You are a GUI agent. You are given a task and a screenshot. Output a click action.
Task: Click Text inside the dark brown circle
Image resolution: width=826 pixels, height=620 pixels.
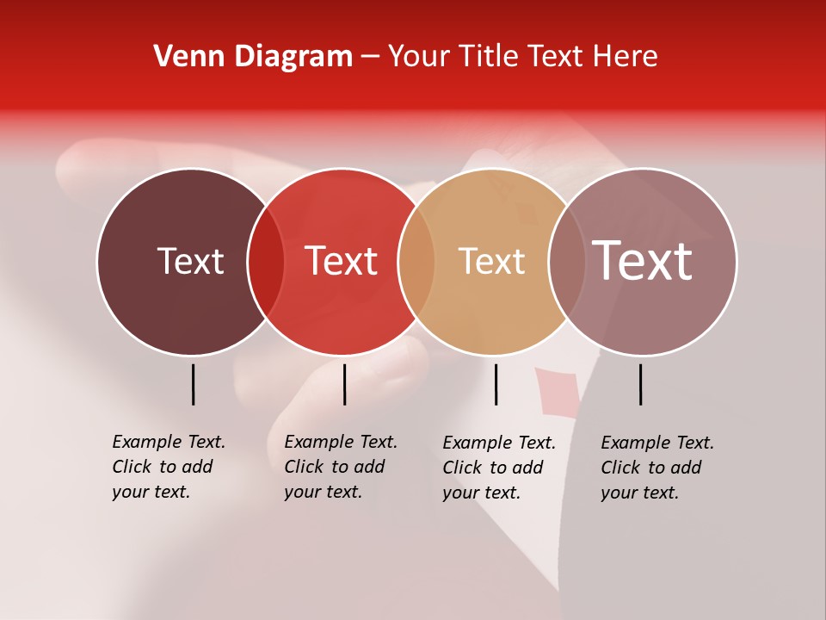[x=190, y=261]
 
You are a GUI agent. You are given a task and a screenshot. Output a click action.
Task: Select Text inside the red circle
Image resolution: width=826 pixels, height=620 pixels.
[x=341, y=261]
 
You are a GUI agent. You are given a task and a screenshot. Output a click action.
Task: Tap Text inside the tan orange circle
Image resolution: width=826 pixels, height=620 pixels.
[x=491, y=261]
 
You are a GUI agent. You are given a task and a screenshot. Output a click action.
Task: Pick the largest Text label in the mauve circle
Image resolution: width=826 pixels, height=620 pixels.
[x=643, y=261]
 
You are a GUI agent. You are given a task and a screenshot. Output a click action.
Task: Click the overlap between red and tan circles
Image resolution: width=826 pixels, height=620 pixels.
[x=416, y=262]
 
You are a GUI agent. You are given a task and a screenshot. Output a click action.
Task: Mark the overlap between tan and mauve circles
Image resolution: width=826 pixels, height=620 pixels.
[x=566, y=262]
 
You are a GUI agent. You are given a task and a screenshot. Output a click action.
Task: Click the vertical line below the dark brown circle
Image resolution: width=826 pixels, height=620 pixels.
[x=194, y=384]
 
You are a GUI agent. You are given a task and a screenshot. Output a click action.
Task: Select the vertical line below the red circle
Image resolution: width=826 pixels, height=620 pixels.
[x=344, y=384]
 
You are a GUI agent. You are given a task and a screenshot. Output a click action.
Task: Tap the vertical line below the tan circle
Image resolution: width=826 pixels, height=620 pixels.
[x=496, y=384]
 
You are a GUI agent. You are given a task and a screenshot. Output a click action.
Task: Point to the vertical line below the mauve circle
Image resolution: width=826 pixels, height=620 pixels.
[x=641, y=384]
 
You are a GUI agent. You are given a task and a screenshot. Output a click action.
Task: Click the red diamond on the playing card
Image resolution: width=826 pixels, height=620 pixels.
[x=548, y=393]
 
